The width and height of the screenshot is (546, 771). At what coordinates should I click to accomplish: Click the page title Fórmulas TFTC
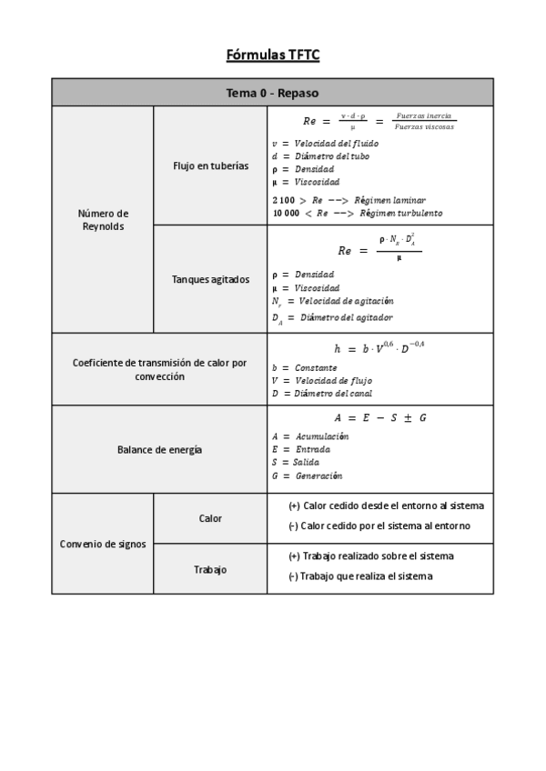click(272, 55)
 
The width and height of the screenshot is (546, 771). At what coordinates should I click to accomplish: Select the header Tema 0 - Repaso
click(272, 93)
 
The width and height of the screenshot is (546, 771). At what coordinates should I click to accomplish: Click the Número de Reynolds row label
click(103, 220)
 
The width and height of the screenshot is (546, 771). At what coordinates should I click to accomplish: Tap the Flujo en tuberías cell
click(210, 165)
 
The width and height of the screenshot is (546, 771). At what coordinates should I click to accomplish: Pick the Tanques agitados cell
click(210, 279)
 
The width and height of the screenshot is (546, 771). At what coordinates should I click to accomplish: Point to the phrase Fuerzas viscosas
click(425, 127)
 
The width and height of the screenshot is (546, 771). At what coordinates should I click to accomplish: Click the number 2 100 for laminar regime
click(283, 200)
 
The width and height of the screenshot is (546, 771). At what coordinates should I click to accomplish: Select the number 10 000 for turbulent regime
click(286, 213)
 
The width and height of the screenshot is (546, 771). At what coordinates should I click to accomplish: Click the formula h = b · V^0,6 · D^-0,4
click(379, 347)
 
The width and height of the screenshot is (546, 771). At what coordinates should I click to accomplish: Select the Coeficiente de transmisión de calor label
click(159, 369)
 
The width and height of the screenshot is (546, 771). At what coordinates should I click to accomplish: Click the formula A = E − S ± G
click(380, 417)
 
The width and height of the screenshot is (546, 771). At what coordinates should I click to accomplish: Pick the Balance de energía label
click(159, 449)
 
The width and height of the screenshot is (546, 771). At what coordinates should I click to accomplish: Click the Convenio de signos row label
click(103, 544)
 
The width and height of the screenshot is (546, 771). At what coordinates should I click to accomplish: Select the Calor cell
click(210, 518)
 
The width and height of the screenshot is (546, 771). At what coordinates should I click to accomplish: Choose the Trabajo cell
click(210, 569)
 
